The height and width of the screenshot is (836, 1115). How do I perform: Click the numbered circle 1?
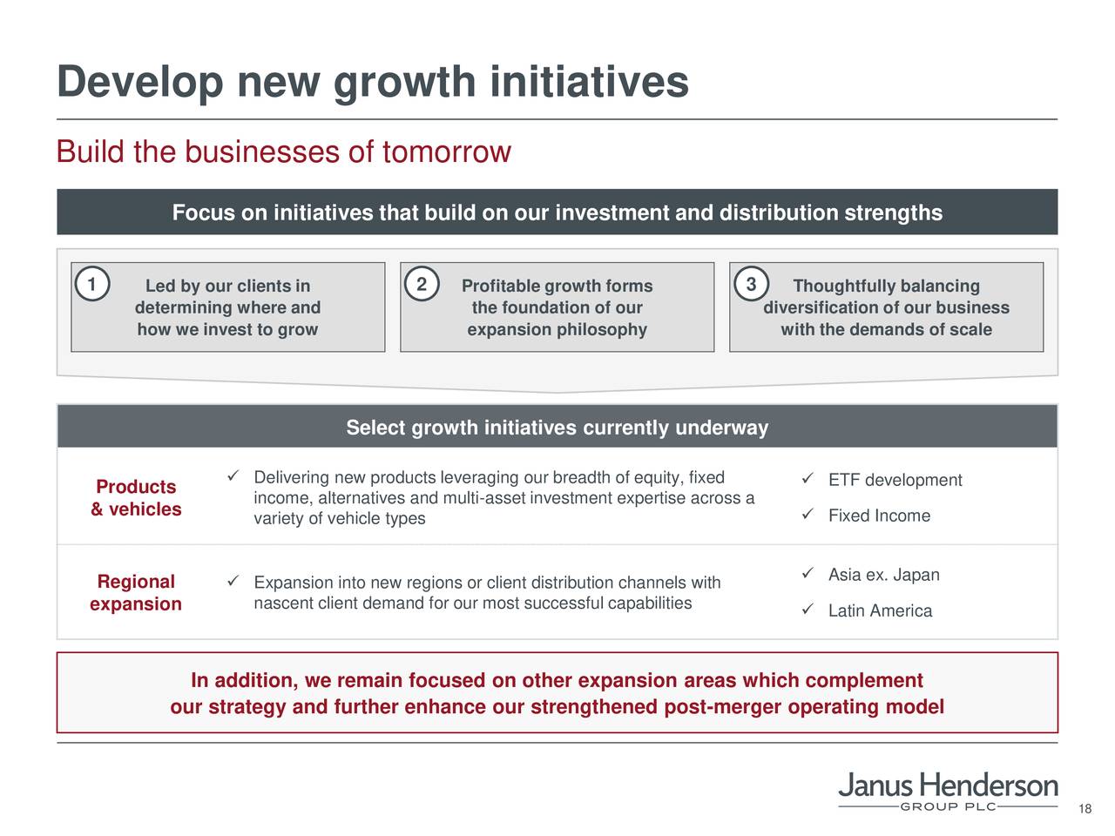pyautogui.click(x=91, y=286)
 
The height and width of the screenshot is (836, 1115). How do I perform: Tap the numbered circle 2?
pyautogui.click(x=422, y=286)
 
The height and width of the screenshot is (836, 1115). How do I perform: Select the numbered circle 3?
pyautogui.click(x=751, y=286)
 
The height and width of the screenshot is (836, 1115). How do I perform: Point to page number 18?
pyautogui.click(x=1085, y=810)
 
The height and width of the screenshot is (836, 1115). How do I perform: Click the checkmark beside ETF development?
pyautogui.click(x=808, y=479)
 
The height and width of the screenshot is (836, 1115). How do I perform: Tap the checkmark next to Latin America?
pyautogui.click(x=808, y=610)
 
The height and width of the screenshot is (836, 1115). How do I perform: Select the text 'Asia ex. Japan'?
pyautogui.click(x=883, y=575)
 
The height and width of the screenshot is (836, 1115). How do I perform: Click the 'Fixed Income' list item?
pyautogui.click(x=879, y=516)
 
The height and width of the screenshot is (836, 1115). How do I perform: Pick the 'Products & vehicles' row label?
pyautogui.click(x=136, y=498)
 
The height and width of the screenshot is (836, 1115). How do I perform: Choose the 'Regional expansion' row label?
pyautogui.click(x=136, y=593)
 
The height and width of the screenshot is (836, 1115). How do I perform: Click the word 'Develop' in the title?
pyautogui.click(x=139, y=84)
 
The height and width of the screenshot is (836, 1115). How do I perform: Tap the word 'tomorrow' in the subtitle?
pyautogui.click(x=446, y=152)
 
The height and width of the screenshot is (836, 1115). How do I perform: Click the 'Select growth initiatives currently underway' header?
pyautogui.click(x=557, y=428)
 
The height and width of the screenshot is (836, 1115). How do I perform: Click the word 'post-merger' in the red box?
pyautogui.click(x=723, y=706)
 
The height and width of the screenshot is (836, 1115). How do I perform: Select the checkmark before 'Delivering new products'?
pyautogui.click(x=233, y=475)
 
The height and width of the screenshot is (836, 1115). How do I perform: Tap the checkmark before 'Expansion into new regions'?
pyautogui.click(x=233, y=581)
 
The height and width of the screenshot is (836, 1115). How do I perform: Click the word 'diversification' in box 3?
pyautogui.click(x=820, y=308)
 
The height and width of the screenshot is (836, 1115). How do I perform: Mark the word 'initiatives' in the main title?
pyautogui.click(x=589, y=84)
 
